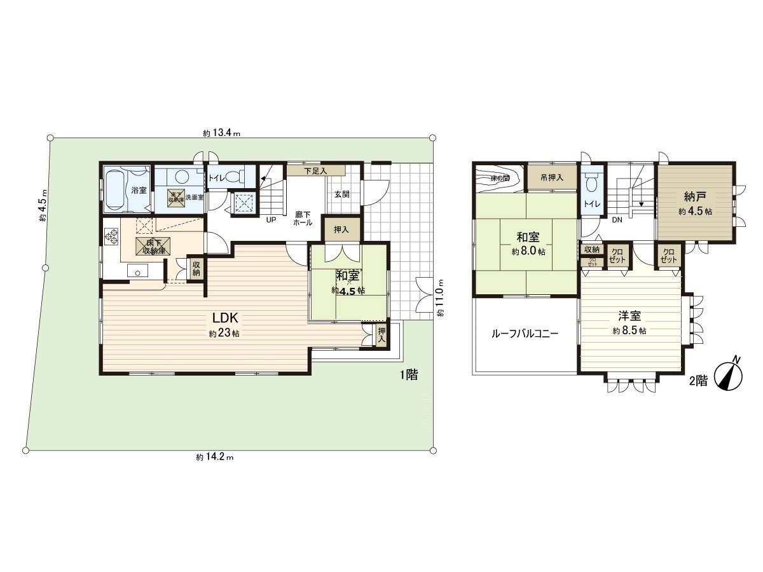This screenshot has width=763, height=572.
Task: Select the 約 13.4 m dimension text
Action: (221, 133)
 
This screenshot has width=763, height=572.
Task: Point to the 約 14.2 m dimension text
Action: (215, 456)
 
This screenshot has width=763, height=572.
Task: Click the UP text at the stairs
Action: (271, 219)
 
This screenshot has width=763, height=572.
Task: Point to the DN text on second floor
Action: (616, 220)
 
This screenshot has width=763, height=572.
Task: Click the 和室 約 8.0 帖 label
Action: (528, 243)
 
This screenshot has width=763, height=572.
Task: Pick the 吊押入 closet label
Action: (551, 178)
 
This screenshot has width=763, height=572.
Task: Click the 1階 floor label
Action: (409, 375)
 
